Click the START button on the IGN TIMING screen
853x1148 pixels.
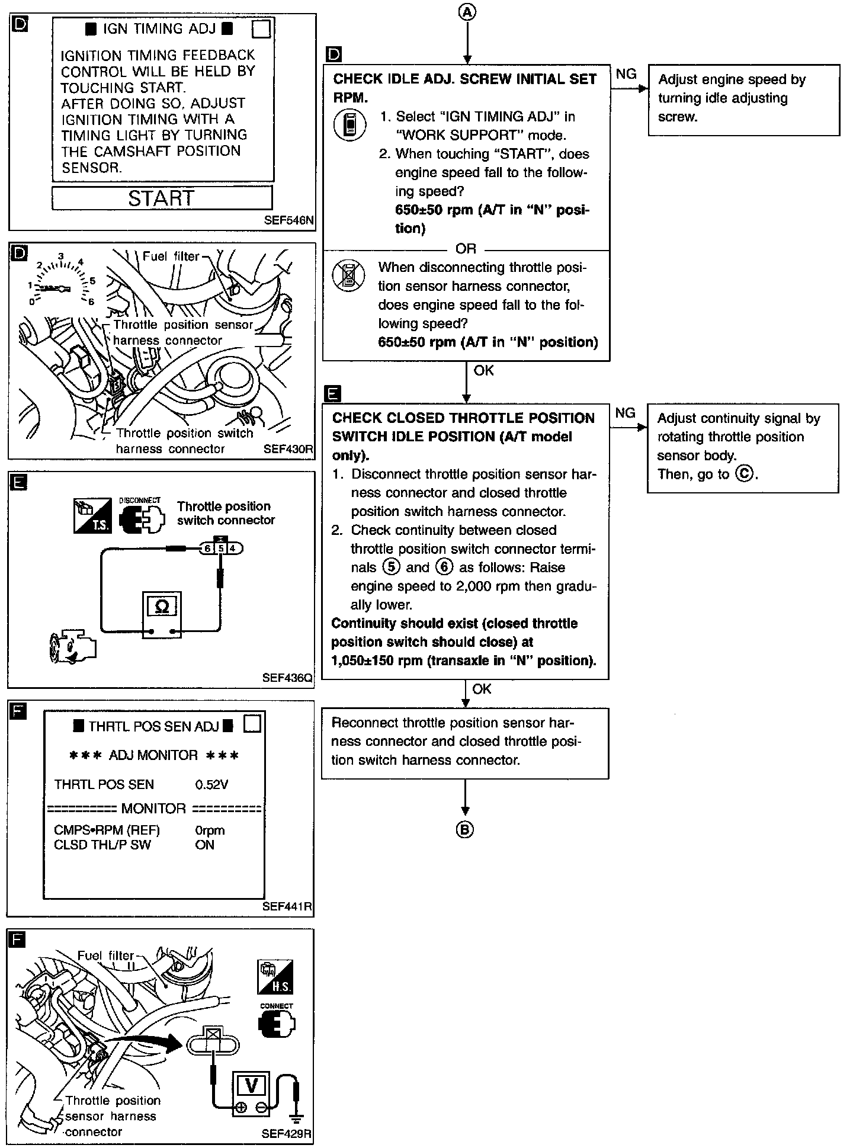pyautogui.click(x=162, y=198)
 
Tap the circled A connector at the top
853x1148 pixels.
pyautogui.click(x=467, y=11)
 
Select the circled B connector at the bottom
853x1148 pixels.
pyautogui.click(x=465, y=829)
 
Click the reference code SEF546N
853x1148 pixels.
pyautogui.click(x=289, y=221)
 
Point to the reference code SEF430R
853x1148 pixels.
pyautogui.click(x=288, y=449)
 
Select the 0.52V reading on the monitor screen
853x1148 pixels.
pyautogui.click(x=211, y=784)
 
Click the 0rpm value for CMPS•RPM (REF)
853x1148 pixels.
pyautogui.click(x=210, y=830)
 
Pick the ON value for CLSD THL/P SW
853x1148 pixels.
pyautogui.click(x=204, y=845)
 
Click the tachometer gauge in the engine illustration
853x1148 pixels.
pyautogui.click(x=61, y=284)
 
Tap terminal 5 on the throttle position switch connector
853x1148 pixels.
pyautogui.click(x=221, y=548)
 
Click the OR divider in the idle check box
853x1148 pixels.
pyautogui.click(x=466, y=249)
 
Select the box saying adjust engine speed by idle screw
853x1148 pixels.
pyautogui.click(x=743, y=100)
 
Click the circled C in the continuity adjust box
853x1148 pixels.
pyautogui.click(x=745, y=474)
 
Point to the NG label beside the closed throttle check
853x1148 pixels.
pyautogui.click(x=626, y=413)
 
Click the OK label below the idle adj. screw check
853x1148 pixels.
pyautogui.click(x=483, y=371)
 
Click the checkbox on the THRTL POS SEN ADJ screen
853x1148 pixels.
pyautogui.click(x=252, y=724)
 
